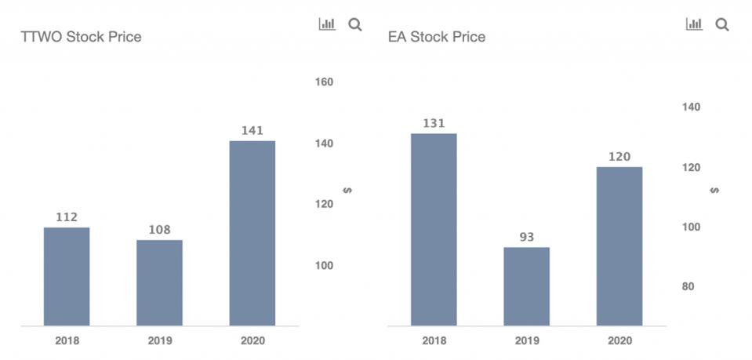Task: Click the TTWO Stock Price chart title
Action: pos(81,37)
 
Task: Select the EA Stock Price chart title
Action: pos(437,37)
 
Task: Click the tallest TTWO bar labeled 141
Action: pos(252,233)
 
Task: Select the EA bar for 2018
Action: pos(434,229)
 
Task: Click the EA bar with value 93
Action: pos(526,286)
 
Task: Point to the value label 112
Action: pos(67,217)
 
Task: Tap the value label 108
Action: pos(159,230)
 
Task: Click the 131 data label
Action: pos(434,123)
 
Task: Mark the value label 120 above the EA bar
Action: pos(619,157)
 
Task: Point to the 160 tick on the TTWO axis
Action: pos(324,82)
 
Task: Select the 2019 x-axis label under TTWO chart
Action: pos(159,340)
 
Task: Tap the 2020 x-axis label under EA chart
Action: pos(619,340)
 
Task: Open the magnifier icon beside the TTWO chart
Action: pos(354,24)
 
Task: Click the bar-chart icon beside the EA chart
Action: pos(694,24)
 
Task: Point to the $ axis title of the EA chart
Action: pos(714,191)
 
